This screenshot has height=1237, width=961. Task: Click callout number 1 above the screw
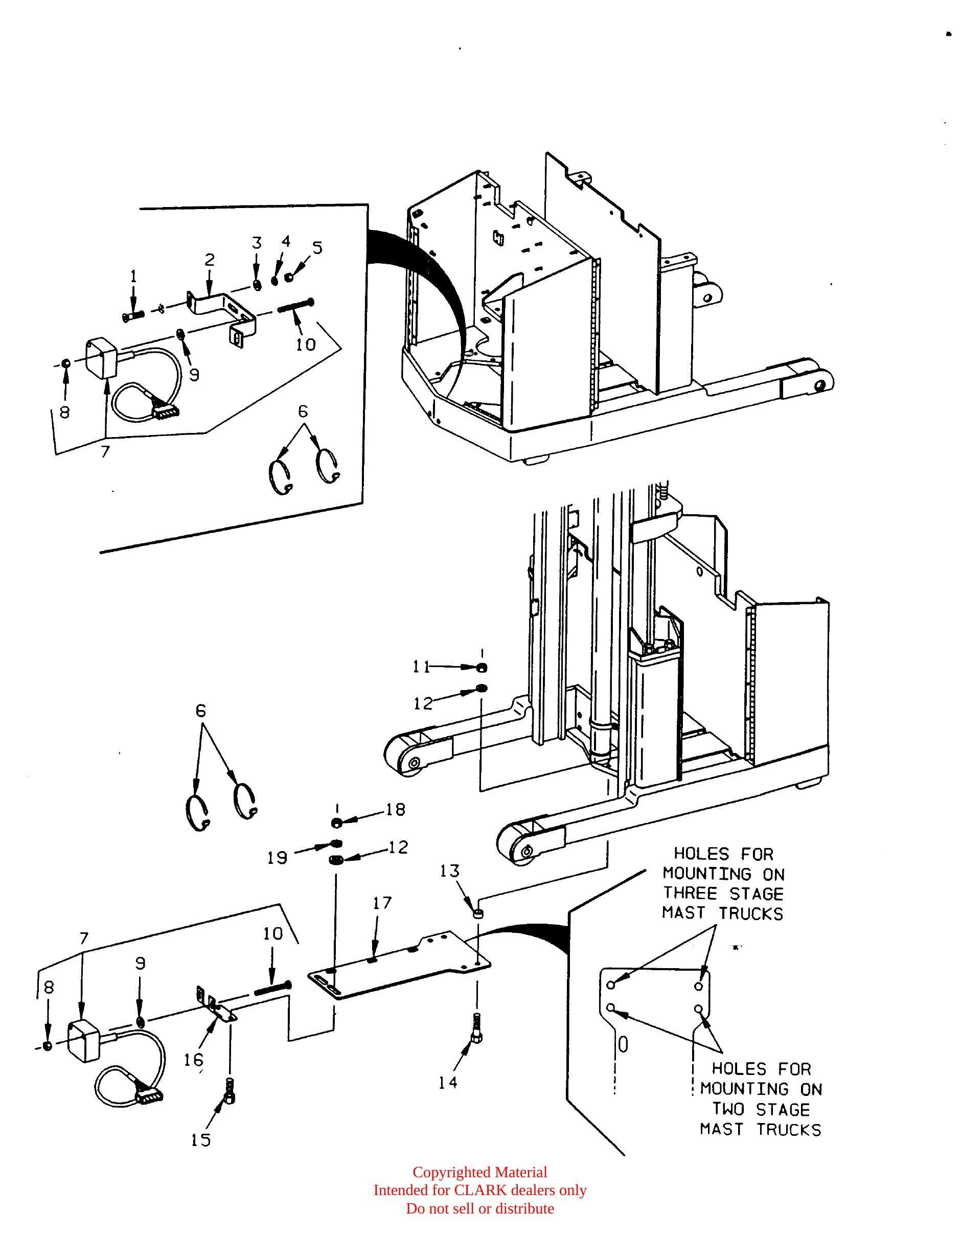[x=133, y=277]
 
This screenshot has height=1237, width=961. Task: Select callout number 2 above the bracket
[x=210, y=260]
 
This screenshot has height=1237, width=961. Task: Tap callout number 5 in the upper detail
[x=317, y=248]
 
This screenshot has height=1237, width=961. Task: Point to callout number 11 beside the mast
[x=421, y=667]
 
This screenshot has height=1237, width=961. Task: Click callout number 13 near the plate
[x=450, y=871]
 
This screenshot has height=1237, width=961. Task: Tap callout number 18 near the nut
[x=396, y=809]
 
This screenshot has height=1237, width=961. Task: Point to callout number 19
[x=278, y=859]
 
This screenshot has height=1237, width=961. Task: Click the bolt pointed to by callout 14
[x=477, y=1026]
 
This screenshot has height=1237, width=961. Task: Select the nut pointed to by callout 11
[x=482, y=669]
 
